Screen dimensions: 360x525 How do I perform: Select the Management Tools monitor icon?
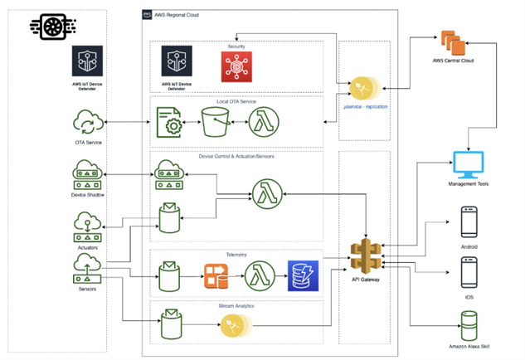coord(466,166)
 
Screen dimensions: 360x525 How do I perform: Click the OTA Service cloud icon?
coord(86,125)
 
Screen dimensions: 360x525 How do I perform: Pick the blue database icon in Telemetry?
coord(301,275)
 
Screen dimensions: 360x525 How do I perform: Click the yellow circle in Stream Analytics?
coord(231,326)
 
